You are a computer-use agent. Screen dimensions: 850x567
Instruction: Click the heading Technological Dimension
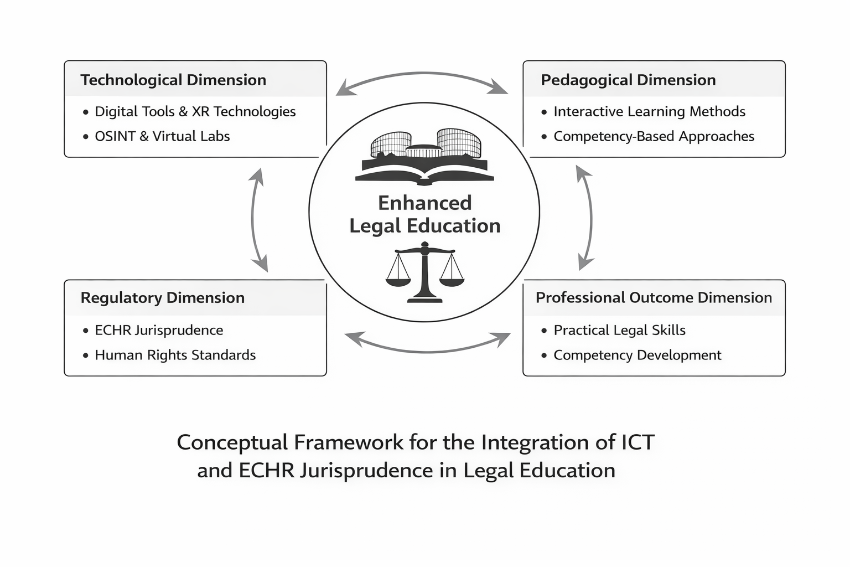pyautogui.click(x=173, y=80)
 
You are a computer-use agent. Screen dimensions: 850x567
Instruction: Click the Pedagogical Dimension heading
pyautogui.click(x=628, y=80)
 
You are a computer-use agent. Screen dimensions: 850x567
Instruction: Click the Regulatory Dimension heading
pyautogui.click(x=162, y=297)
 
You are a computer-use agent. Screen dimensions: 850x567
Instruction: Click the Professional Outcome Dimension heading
pyautogui.click(x=654, y=297)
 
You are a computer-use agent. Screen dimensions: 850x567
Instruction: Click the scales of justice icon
pyautogui.click(x=424, y=272)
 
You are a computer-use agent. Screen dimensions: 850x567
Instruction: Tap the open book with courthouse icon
pyautogui.click(x=424, y=157)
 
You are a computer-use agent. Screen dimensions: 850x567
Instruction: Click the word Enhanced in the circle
pyautogui.click(x=424, y=203)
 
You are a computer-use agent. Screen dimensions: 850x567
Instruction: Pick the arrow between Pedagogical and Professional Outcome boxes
pyautogui.click(x=590, y=218)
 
